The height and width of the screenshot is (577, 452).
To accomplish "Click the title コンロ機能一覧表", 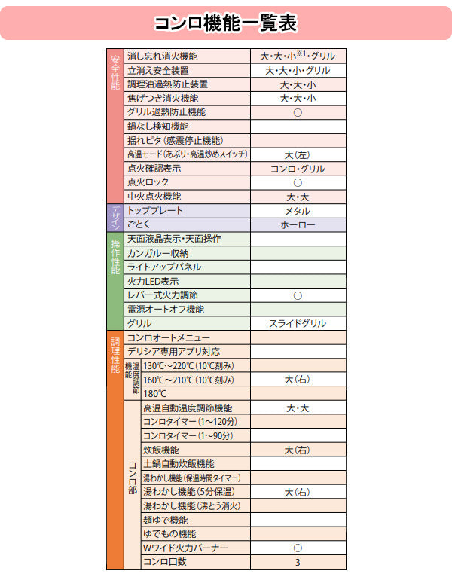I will pos(225,23).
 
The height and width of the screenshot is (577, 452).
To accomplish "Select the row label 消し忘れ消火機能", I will pos(162,56).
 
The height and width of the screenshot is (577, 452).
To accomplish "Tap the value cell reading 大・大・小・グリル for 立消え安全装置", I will pos(298,70).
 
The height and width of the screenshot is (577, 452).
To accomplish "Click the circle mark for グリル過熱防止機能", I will pos(298,112).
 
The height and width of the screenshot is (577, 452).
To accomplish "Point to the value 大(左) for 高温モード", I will pos(298,154).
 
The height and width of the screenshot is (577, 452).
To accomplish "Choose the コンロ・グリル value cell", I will pos(298,169).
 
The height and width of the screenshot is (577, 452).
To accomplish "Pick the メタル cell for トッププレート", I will pos(298,211).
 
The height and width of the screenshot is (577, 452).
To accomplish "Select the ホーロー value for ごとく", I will pos(298,225).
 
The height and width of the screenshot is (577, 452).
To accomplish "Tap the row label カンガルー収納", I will pos(158,253).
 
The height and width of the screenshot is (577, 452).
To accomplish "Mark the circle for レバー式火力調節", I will pos(298,295).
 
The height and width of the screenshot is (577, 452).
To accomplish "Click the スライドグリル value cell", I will pos(298,323).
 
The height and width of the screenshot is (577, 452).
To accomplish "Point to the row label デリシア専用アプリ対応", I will pos(173,352).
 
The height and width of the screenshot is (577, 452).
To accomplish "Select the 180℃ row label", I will pos(154,394).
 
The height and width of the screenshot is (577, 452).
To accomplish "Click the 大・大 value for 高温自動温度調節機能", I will pos(298,408).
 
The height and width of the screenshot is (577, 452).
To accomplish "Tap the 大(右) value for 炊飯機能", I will pos(298,450).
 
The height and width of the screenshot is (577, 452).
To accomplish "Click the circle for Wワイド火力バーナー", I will pos(298,548).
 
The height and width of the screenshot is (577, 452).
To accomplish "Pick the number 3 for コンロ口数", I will pos(298,562).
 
